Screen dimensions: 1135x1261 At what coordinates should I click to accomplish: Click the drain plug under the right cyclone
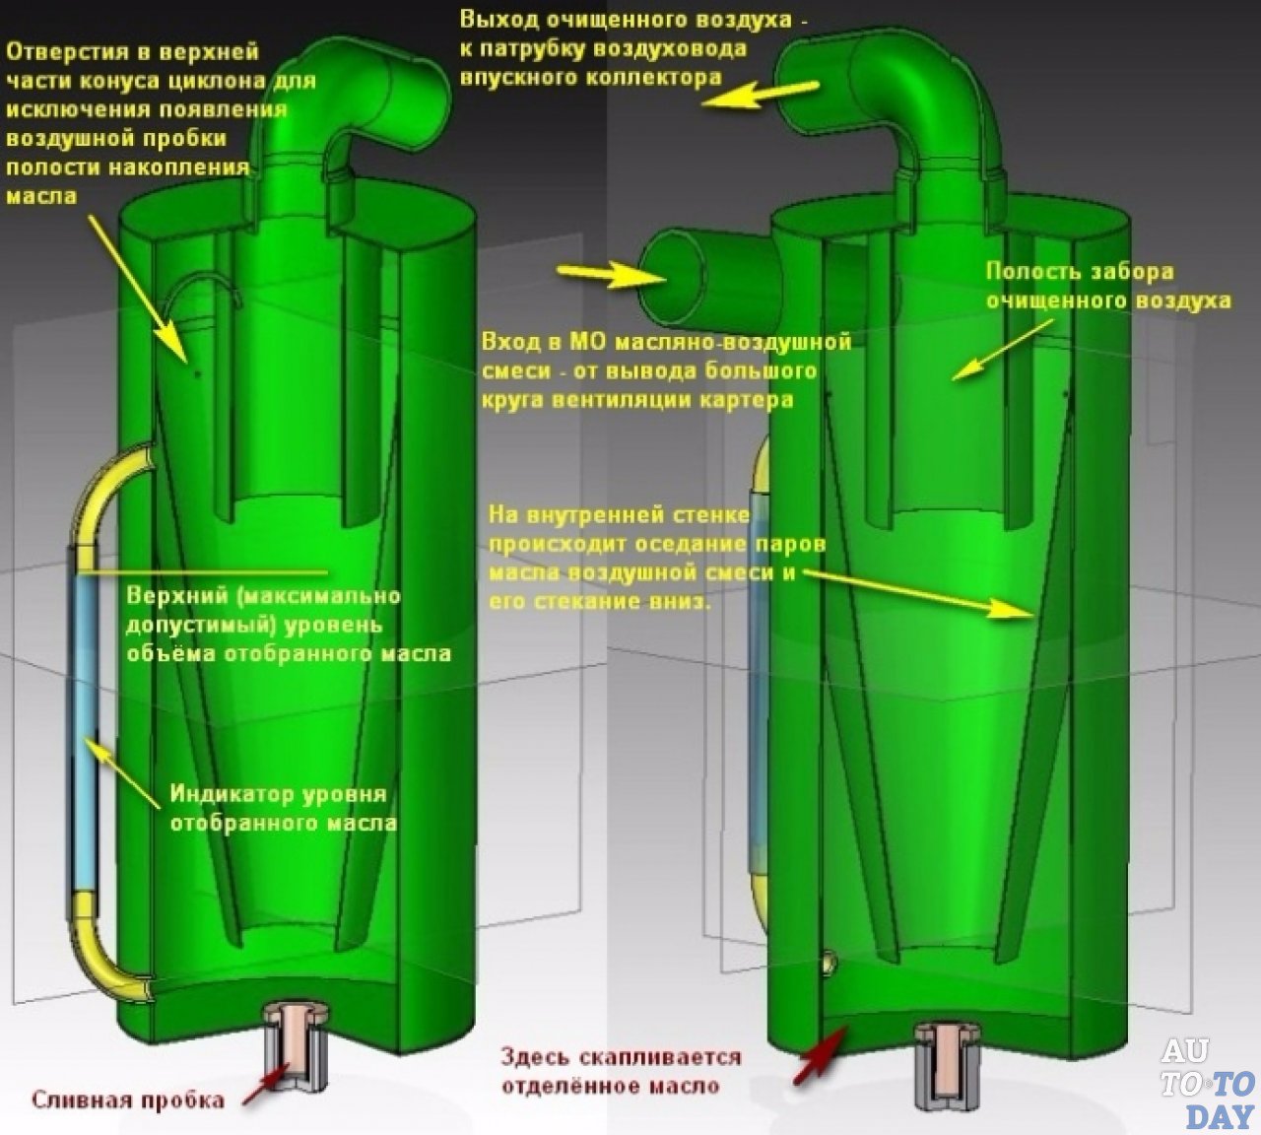point(945,1064)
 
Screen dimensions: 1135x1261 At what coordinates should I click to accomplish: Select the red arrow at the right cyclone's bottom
point(820,1051)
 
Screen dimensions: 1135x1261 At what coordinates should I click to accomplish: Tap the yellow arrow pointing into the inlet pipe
point(598,275)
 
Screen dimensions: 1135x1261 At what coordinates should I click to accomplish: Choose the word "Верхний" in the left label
point(174,596)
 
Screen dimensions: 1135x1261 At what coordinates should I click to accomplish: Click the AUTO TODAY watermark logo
point(1207,1084)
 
